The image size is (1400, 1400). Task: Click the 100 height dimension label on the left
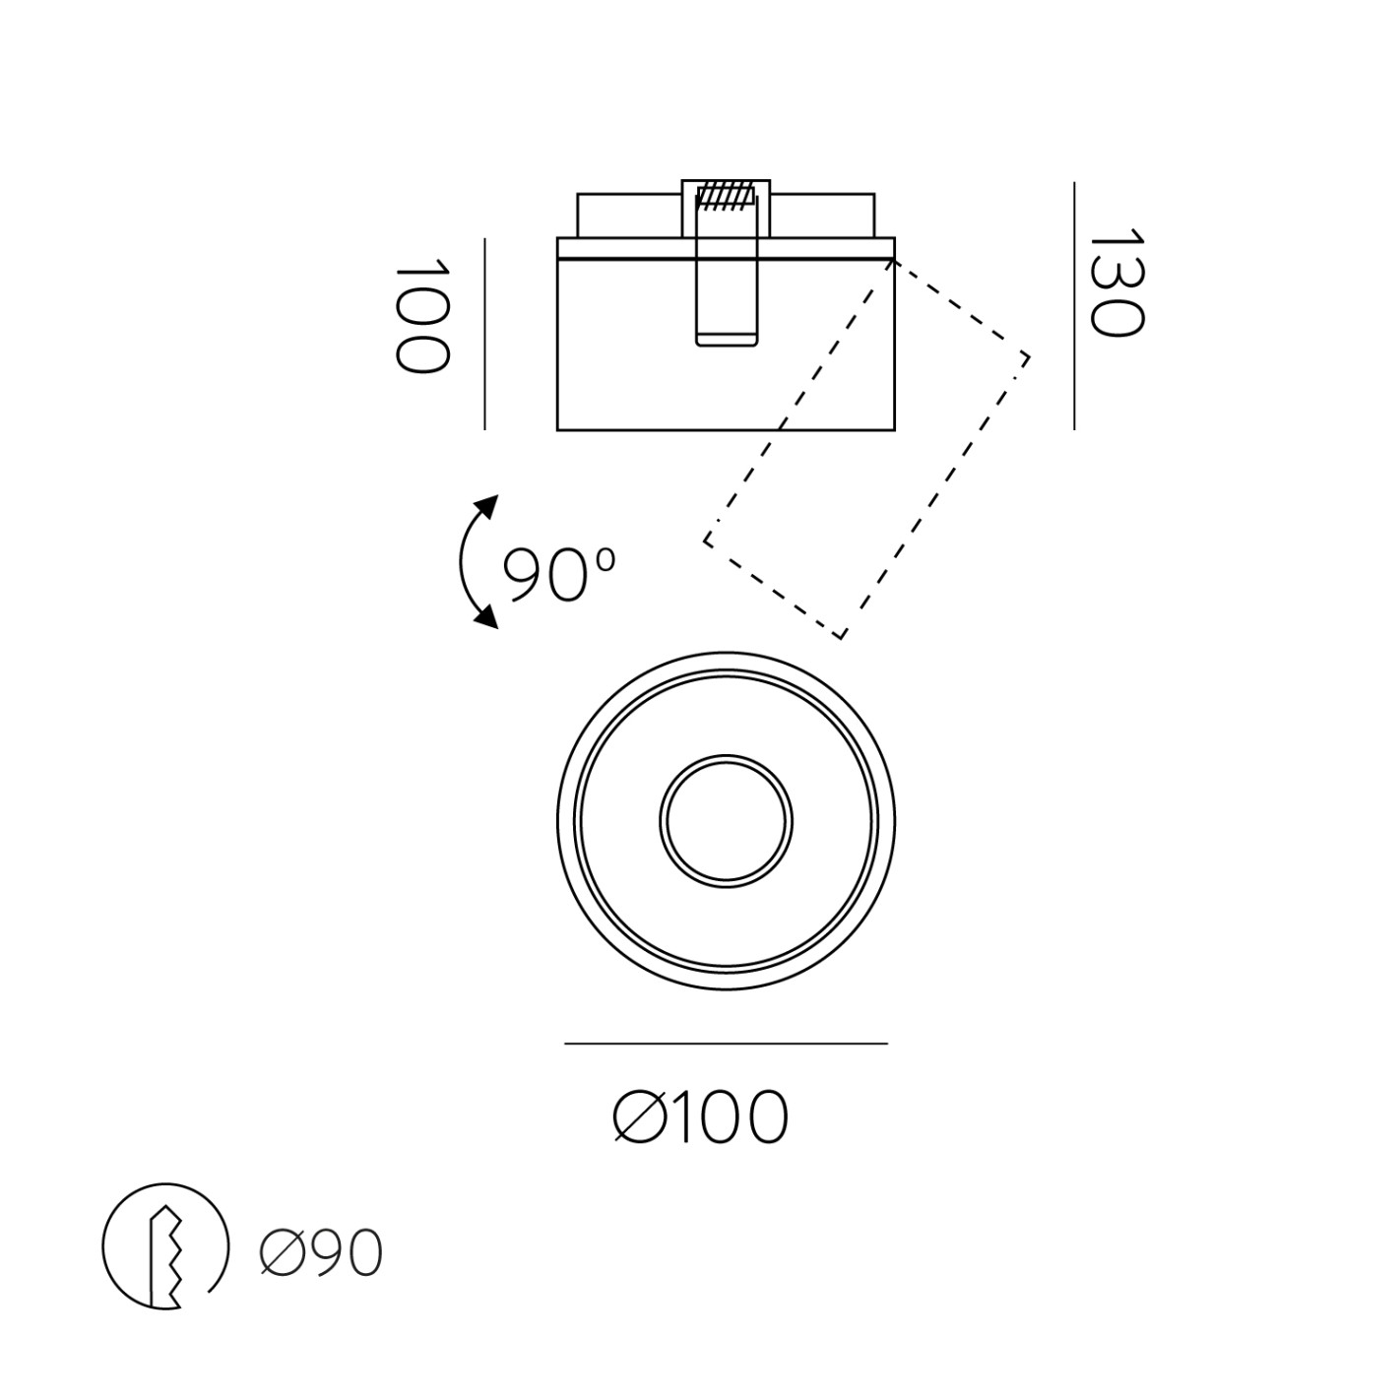click(x=421, y=317)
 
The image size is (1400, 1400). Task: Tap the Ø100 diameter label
click(x=701, y=1117)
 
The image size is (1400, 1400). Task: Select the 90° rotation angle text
click(x=558, y=574)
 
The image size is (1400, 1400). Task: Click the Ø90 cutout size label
click(x=322, y=1254)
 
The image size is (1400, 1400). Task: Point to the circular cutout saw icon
click(x=165, y=1246)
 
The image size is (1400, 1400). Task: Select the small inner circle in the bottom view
click(x=727, y=819)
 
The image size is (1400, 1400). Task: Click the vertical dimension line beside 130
click(x=1074, y=305)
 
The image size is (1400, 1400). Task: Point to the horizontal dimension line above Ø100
click(x=727, y=1044)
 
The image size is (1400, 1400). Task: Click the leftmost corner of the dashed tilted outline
click(x=705, y=539)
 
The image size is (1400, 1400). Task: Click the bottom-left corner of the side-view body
click(x=558, y=430)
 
